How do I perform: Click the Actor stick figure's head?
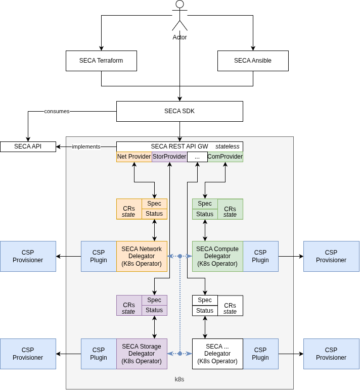(x=179, y=4)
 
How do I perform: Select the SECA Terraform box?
(x=101, y=61)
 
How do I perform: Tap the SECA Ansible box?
(x=253, y=61)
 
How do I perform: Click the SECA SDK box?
(x=179, y=111)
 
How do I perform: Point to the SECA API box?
(x=28, y=147)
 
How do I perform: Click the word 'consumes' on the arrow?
(x=57, y=111)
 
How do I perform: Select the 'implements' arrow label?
(x=86, y=147)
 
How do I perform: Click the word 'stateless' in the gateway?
(x=228, y=147)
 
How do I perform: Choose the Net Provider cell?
(x=134, y=157)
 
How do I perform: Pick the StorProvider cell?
(x=169, y=157)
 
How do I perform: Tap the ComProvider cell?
(x=225, y=157)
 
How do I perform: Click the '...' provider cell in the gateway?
(x=197, y=157)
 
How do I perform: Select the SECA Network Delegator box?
(x=142, y=256)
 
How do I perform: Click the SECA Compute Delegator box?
(x=217, y=256)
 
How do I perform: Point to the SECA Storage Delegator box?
(x=142, y=354)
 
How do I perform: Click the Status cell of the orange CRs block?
(x=154, y=214)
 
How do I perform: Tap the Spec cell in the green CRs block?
(x=205, y=204)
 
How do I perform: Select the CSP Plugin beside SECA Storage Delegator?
(x=99, y=354)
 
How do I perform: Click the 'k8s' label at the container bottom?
(x=179, y=379)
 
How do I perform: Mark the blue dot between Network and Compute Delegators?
(x=179, y=256)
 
